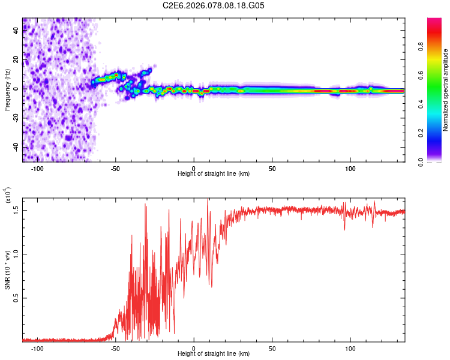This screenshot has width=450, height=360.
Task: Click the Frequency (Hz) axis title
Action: pyautogui.click(x=7, y=90)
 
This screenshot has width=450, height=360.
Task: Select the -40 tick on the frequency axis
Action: pyautogui.click(x=16, y=146)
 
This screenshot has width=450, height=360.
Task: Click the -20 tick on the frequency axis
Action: pyautogui.click(x=16, y=117)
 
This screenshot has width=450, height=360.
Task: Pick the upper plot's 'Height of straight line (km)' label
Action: pyautogui.click(x=214, y=173)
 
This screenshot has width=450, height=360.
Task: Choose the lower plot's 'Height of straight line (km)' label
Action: pyautogui.click(x=214, y=354)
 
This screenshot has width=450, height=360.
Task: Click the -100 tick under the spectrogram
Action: pyautogui.click(x=37, y=167)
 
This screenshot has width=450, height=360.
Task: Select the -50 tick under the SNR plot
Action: pyautogui.click(x=116, y=348)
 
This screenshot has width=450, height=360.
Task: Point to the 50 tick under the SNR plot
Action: pyautogui.click(x=272, y=348)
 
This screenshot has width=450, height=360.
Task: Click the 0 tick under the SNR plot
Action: pyautogui.click(x=194, y=348)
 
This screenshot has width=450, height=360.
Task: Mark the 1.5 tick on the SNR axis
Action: pyautogui.click(x=16, y=209)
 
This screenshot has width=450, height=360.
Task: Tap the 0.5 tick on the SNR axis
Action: pyautogui.click(x=16, y=298)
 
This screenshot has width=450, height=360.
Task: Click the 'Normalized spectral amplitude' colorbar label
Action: pyautogui.click(x=445, y=90)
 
